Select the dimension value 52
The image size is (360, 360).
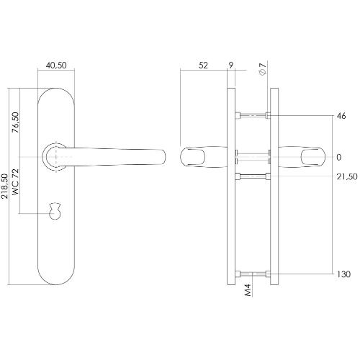tap(203, 65)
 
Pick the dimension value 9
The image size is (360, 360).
tap(230, 65)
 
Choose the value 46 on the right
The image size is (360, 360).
tap(341, 115)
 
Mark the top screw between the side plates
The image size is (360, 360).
tap(252, 115)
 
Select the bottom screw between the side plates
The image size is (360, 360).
tap(252, 274)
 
